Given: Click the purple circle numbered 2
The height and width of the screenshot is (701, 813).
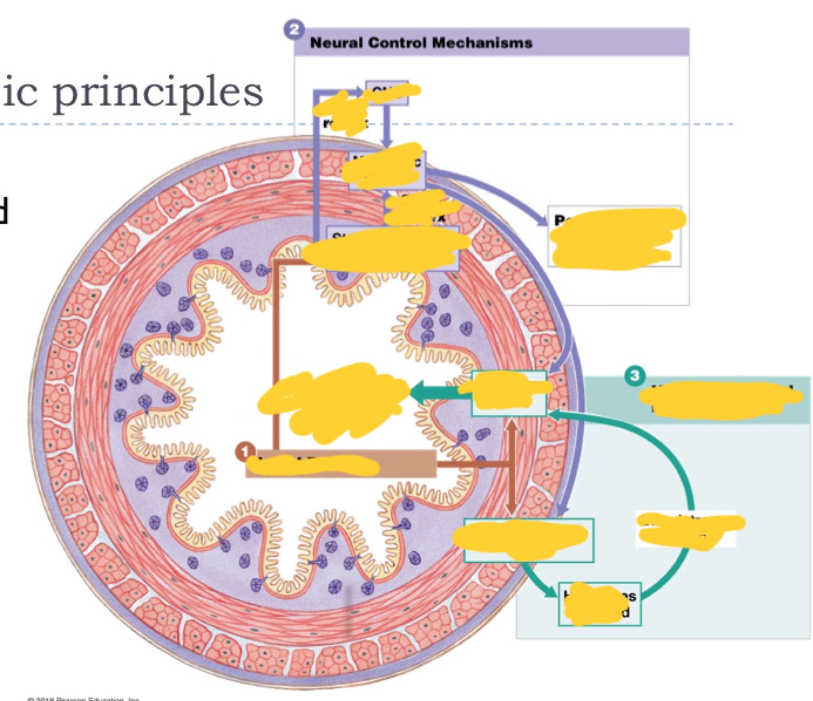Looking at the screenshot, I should pyautogui.click(x=294, y=29).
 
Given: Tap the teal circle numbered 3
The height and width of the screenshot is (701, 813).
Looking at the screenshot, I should pyautogui.click(x=634, y=375).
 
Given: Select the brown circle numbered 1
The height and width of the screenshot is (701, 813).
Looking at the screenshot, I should pyautogui.click(x=245, y=452).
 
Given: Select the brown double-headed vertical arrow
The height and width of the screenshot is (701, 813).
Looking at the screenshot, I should pyautogui.click(x=511, y=467).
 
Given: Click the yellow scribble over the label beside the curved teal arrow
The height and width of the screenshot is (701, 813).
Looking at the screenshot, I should pyautogui.click(x=689, y=527).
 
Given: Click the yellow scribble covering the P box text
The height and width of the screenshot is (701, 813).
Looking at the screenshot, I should pyautogui.click(x=616, y=238).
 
